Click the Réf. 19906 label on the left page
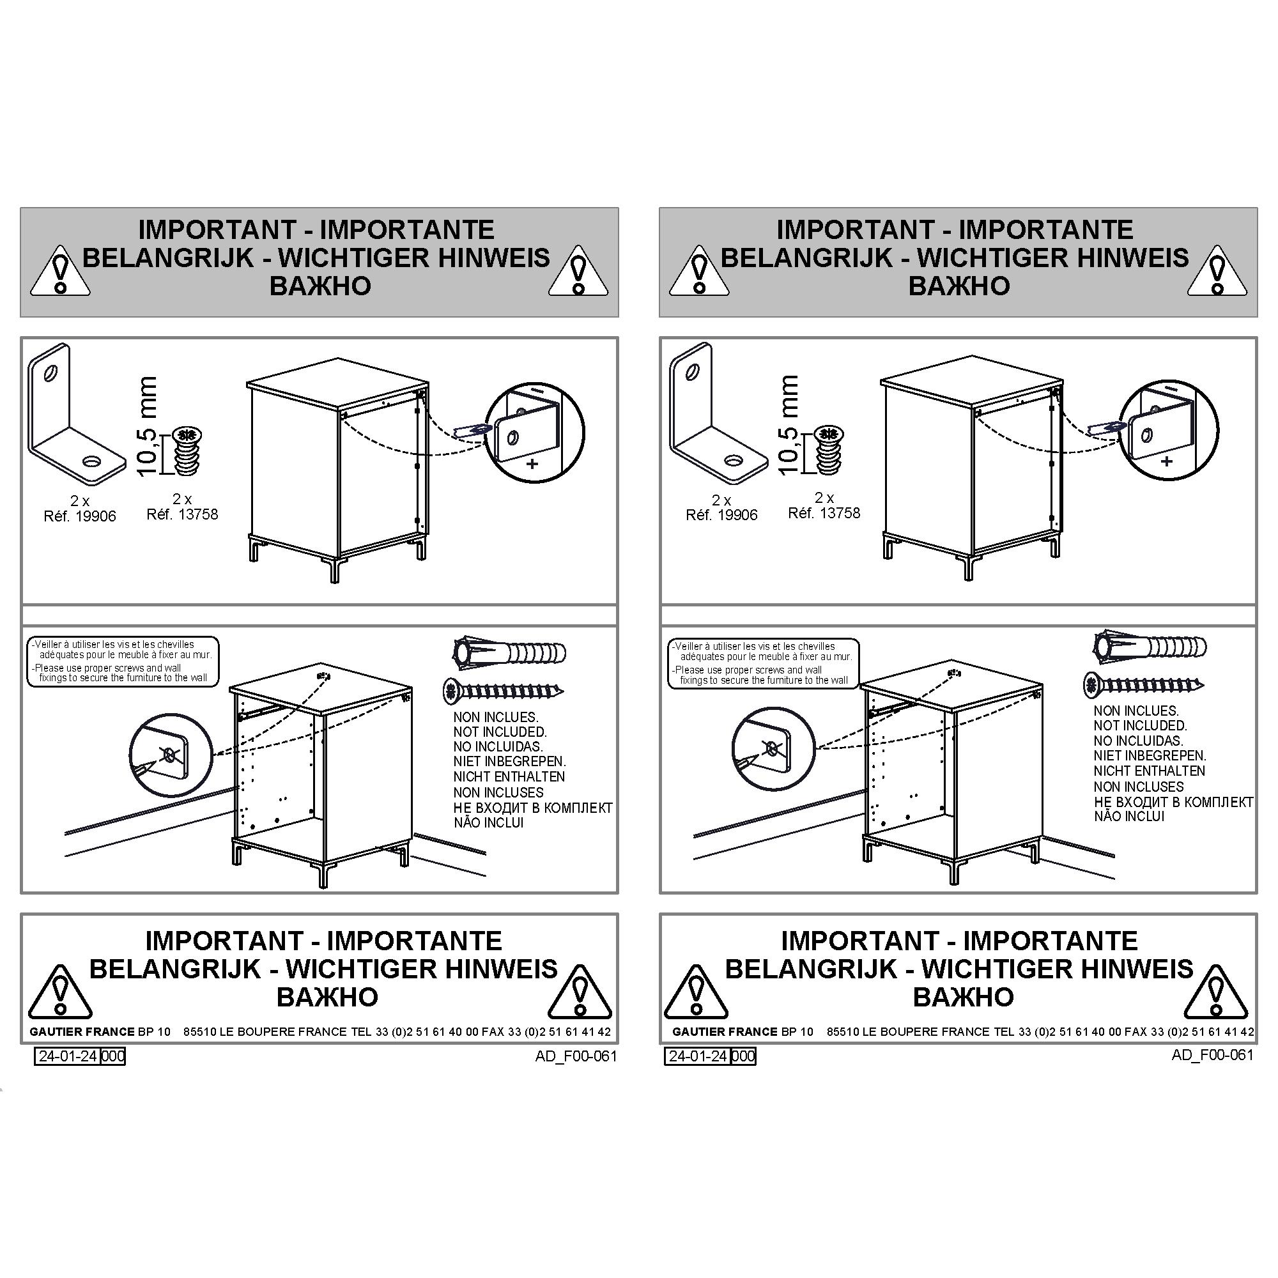point(79,516)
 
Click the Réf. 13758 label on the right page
point(824,513)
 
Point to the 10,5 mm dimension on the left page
point(148,426)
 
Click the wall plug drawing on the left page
point(509,653)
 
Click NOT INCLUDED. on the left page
point(500,732)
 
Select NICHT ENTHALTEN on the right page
point(1149,771)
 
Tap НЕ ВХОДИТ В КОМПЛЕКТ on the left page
point(532,808)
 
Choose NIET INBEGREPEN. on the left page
point(509,762)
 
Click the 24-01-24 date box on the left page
point(68,1056)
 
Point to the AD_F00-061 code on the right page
point(1213,1054)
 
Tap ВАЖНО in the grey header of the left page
point(320,286)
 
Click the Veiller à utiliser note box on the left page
point(123,661)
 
